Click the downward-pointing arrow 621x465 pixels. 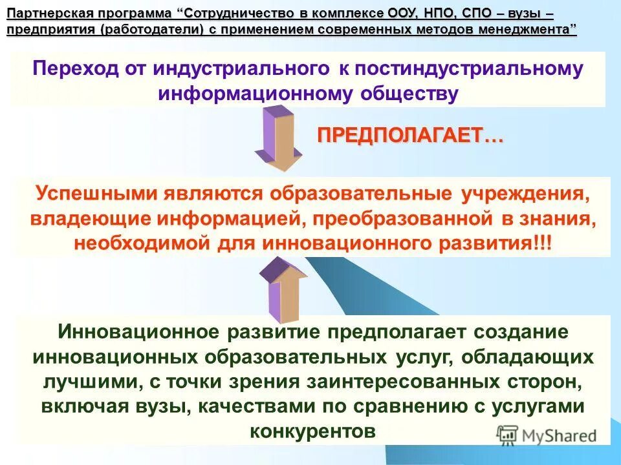click(x=278, y=139)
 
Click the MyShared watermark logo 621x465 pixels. click(x=547, y=434)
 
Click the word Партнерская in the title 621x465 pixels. click(x=45, y=14)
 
